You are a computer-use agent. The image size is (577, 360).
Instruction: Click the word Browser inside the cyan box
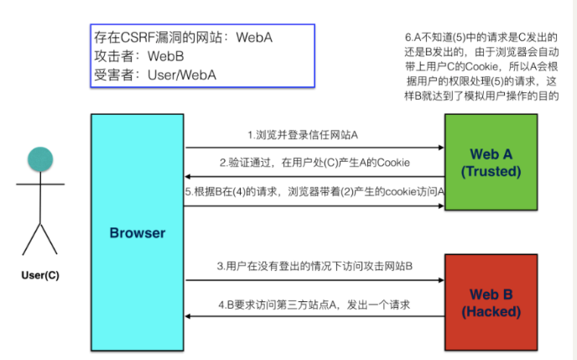137,233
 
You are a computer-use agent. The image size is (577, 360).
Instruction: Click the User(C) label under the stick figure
40,274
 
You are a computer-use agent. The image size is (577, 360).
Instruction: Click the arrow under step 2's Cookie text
314,177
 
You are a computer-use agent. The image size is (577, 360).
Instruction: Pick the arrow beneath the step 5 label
314,206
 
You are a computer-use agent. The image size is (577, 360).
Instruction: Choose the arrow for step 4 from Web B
314,316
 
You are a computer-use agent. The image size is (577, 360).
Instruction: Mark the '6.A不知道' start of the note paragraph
427,38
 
